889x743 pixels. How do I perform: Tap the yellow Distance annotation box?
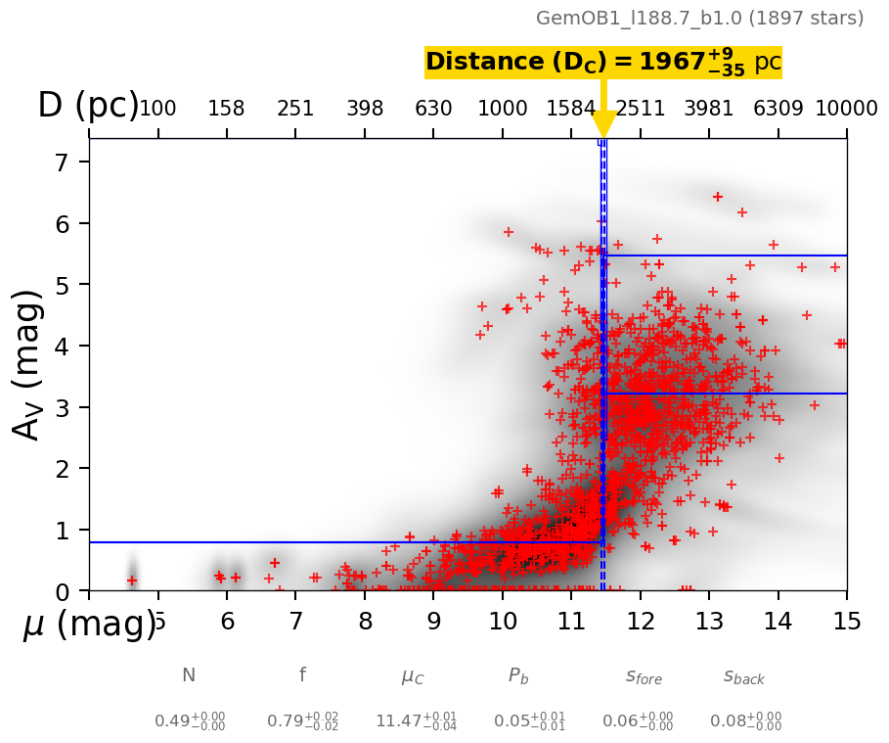point(602,63)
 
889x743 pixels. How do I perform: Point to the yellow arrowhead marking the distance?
point(603,125)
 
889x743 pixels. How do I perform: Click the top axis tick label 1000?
point(503,109)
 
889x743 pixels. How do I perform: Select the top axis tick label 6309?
point(778,109)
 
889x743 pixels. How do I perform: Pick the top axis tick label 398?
point(365,109)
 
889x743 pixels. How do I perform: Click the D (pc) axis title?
point(88,106)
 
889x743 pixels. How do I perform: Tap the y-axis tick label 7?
point(65,163)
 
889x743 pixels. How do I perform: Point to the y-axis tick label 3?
point(65,407)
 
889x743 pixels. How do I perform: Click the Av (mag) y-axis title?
point(29,364)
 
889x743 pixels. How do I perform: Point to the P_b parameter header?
point(518,676)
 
